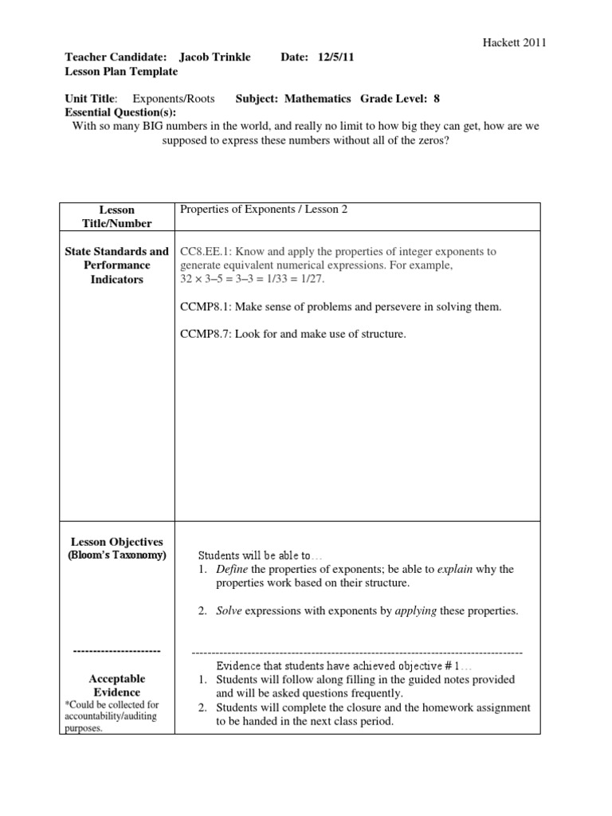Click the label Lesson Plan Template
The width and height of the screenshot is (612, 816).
pos(120,71)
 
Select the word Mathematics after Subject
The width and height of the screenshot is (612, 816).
pos(316,99)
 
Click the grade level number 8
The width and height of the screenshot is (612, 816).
pos(437,99)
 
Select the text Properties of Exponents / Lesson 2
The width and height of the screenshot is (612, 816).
pos(264,210)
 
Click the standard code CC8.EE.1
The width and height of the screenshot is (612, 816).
pos(209,252)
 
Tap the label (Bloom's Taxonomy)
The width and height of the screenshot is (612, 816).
pos(117,555)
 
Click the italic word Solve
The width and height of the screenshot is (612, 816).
pos(229,611)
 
